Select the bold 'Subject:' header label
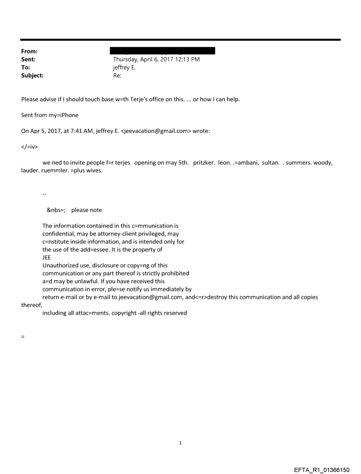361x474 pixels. pyautogui.click(x=32, y=76)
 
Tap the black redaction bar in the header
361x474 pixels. pyautogui.click(x=164, y=51)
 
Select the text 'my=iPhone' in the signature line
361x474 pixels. pyautogui.click(x=65, y=115)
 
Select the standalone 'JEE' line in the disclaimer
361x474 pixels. pyautogui.click(x=47, y=258)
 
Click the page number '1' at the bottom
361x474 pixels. pyautogui.click(x=180, y=443)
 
